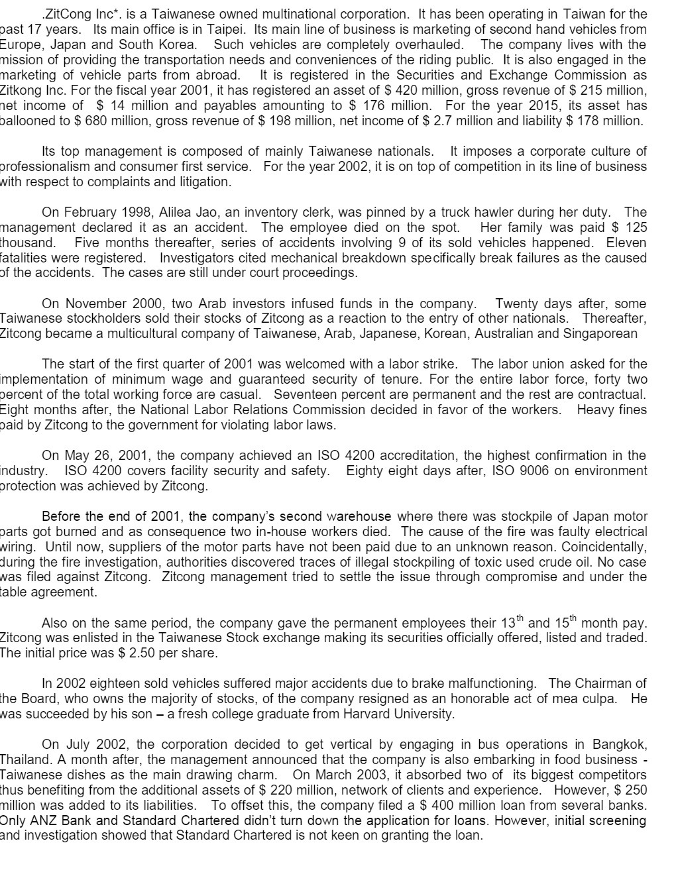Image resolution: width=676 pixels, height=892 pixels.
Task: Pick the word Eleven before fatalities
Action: (x=626, y=243)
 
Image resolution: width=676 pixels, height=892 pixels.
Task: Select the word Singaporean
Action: (x=600, y=334)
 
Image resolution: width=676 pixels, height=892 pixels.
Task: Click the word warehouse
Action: (x=359, y=516)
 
